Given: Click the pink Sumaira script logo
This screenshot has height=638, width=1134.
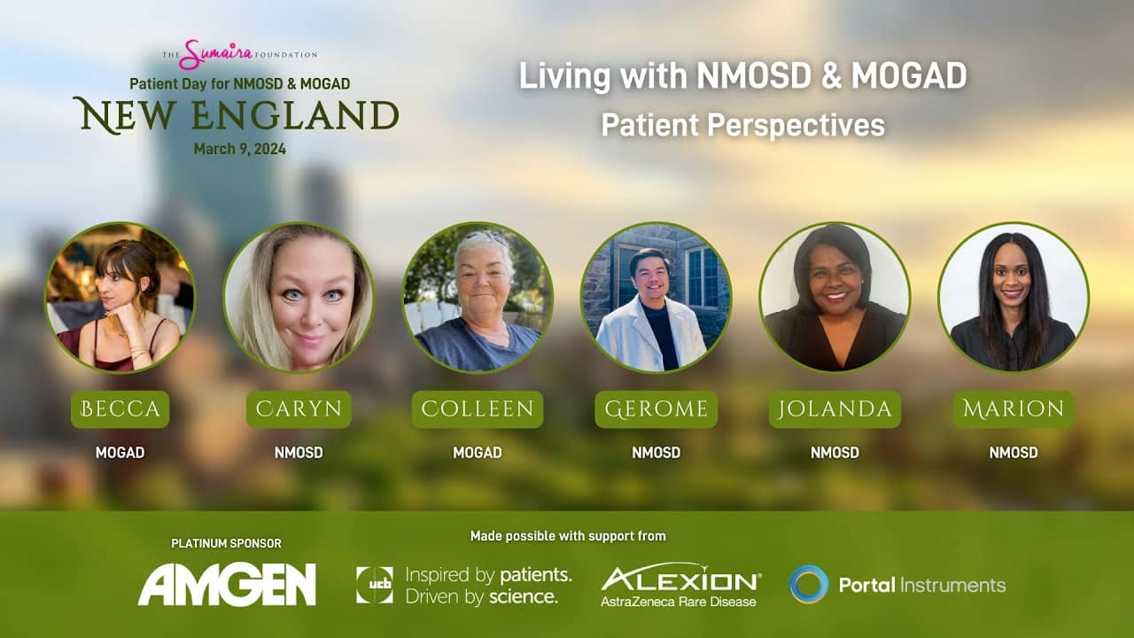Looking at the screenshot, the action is (x=216, y=55).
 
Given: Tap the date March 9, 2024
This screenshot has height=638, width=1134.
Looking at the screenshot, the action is (x=240, y=149).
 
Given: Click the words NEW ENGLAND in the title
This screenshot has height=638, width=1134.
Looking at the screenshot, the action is (x=236, y=116).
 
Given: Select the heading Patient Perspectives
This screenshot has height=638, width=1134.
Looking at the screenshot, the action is (x=743, y=125).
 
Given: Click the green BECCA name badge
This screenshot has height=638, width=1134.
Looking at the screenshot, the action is (x=120, y=409).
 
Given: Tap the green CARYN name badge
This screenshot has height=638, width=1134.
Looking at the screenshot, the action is (x=299, y=409).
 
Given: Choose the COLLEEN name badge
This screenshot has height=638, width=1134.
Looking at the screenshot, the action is (x=478, y=409).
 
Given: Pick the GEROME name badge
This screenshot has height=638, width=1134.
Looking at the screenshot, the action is (x=656, y=409).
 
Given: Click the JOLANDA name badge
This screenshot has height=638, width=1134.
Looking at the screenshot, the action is (x=835, y=409).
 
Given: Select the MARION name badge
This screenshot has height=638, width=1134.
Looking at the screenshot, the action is (x=1014, y=409).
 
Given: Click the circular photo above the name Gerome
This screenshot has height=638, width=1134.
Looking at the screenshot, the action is (x=656, y=298).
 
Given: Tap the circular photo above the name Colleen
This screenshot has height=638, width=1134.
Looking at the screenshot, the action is (x=478, y=298).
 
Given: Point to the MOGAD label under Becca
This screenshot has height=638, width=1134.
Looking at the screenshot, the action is (x=120, y=452).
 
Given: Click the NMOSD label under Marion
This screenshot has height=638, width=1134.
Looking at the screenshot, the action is (x=1014, y=452).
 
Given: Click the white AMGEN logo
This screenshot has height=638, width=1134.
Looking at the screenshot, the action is (x=227, y=584).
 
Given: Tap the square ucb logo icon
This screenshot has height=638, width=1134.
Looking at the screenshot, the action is (x=375, y=586).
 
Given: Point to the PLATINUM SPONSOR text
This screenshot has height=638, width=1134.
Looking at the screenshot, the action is (x=226, y=543).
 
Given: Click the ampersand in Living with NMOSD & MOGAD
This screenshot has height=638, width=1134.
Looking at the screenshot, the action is (x=831, y=76).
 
